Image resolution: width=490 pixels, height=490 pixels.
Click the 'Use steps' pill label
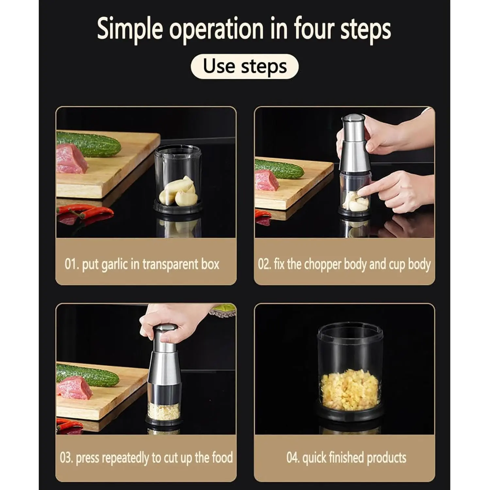(x=245, y=67)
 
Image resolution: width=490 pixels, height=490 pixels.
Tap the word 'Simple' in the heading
(x=130, y=29)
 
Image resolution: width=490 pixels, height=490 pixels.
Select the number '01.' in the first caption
(x=72, y=264)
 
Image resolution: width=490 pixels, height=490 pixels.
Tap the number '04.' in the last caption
(x=293, y=458)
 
